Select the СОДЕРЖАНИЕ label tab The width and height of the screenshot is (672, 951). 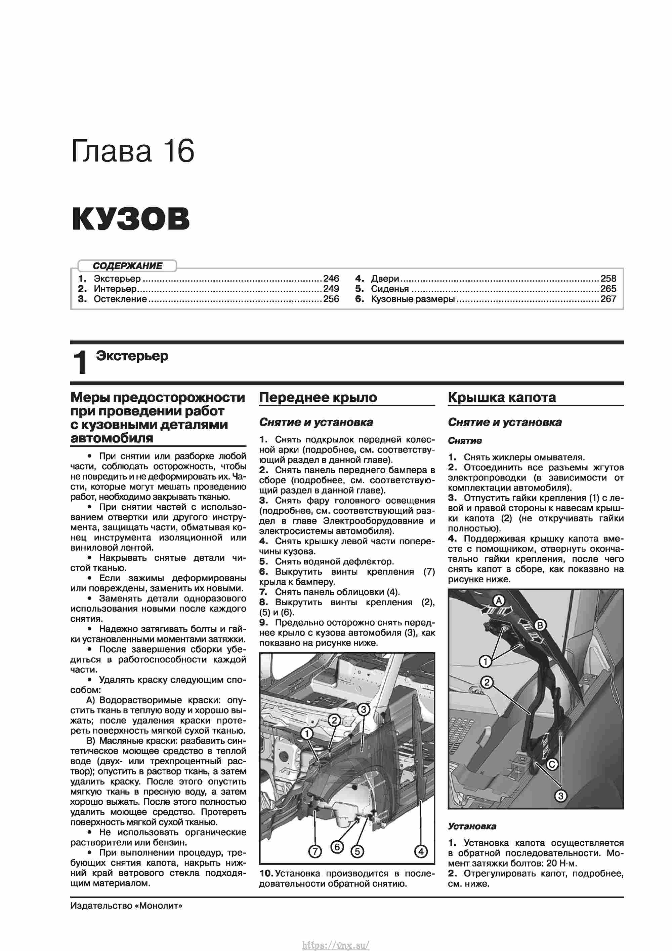coord(127,265)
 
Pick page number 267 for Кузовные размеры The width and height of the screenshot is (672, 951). coord(608,299)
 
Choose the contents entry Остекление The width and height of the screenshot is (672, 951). coord(120,299)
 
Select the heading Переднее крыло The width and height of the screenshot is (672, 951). coord(318,397)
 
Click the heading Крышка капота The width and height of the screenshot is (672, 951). coord(502,397)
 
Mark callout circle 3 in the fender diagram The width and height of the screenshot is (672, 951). coord(363,709)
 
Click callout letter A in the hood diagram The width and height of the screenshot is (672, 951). coord(499,600)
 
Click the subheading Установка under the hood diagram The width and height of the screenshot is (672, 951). coord(472,826)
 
